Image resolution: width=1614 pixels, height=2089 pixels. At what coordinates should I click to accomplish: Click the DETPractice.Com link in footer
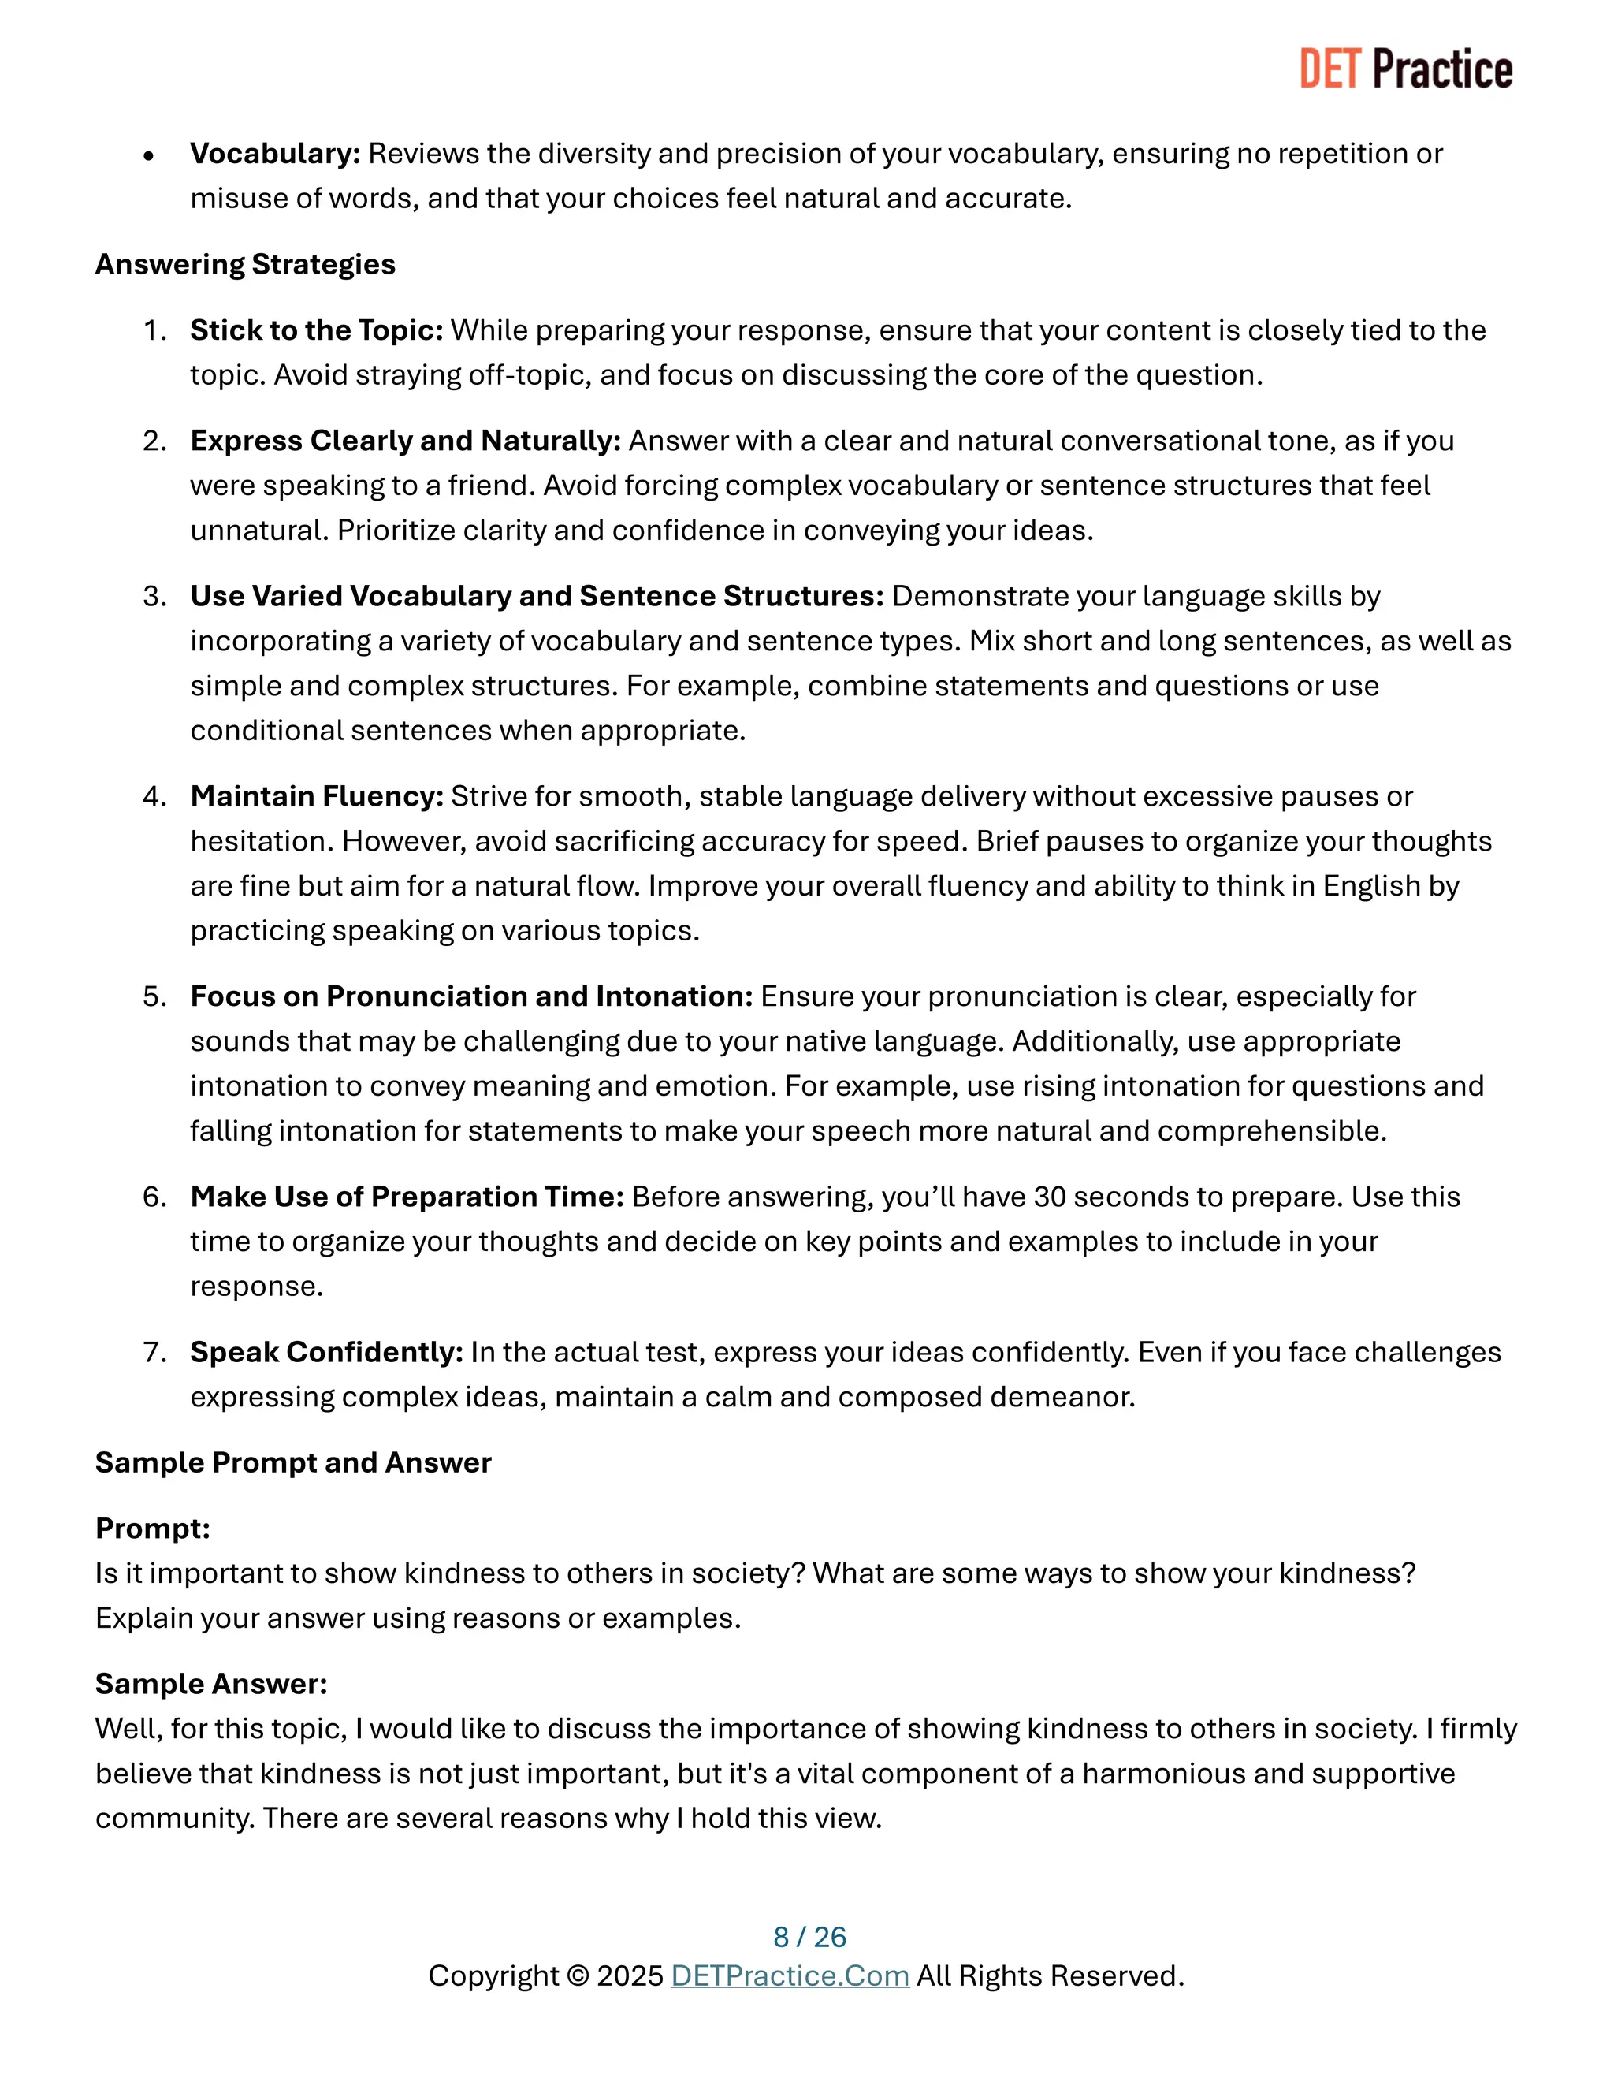(x=789, y=1975)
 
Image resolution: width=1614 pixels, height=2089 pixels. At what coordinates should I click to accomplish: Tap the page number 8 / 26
(x=809, y=1936)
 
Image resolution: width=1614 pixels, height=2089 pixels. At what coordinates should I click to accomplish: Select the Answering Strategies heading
(x=245, y=264)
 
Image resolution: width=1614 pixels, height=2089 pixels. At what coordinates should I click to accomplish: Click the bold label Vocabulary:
(x=274, y=153)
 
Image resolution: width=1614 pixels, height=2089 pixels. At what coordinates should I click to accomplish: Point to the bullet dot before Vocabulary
(x=148, y=156)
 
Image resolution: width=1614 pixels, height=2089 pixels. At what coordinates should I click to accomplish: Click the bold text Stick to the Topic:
(x=317, y=330)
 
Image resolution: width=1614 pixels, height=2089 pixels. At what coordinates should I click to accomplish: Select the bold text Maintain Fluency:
(x=317, y=796)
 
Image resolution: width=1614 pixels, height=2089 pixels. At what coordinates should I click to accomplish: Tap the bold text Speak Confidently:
(x=326, y=1351)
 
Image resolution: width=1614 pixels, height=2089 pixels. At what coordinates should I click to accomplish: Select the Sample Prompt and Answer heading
(x=292, y=1462)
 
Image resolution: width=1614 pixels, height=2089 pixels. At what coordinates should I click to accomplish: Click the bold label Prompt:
(x=152, y=1529)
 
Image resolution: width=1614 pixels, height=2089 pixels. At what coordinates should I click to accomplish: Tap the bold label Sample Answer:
(x=211, y=1684)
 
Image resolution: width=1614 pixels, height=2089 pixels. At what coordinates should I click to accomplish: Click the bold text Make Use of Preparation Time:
(x=407, y=1197)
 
